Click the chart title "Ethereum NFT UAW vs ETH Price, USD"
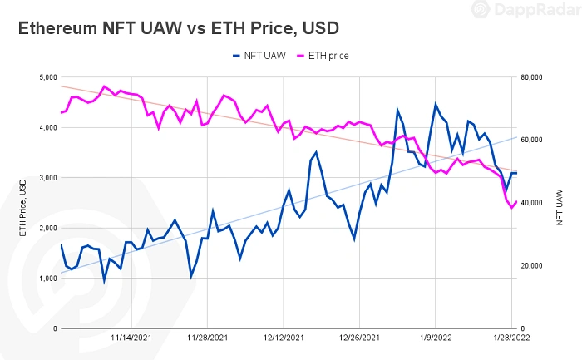[179, 27]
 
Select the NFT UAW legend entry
[265, 56]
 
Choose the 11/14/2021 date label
[132, 338]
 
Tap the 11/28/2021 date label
[208, 338]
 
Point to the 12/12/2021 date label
[284, 338]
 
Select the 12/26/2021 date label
[359, 338]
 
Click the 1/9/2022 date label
[435, 338]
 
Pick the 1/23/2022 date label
[510, 338]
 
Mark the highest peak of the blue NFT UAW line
[435, 104]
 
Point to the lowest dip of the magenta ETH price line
[512, 207]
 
